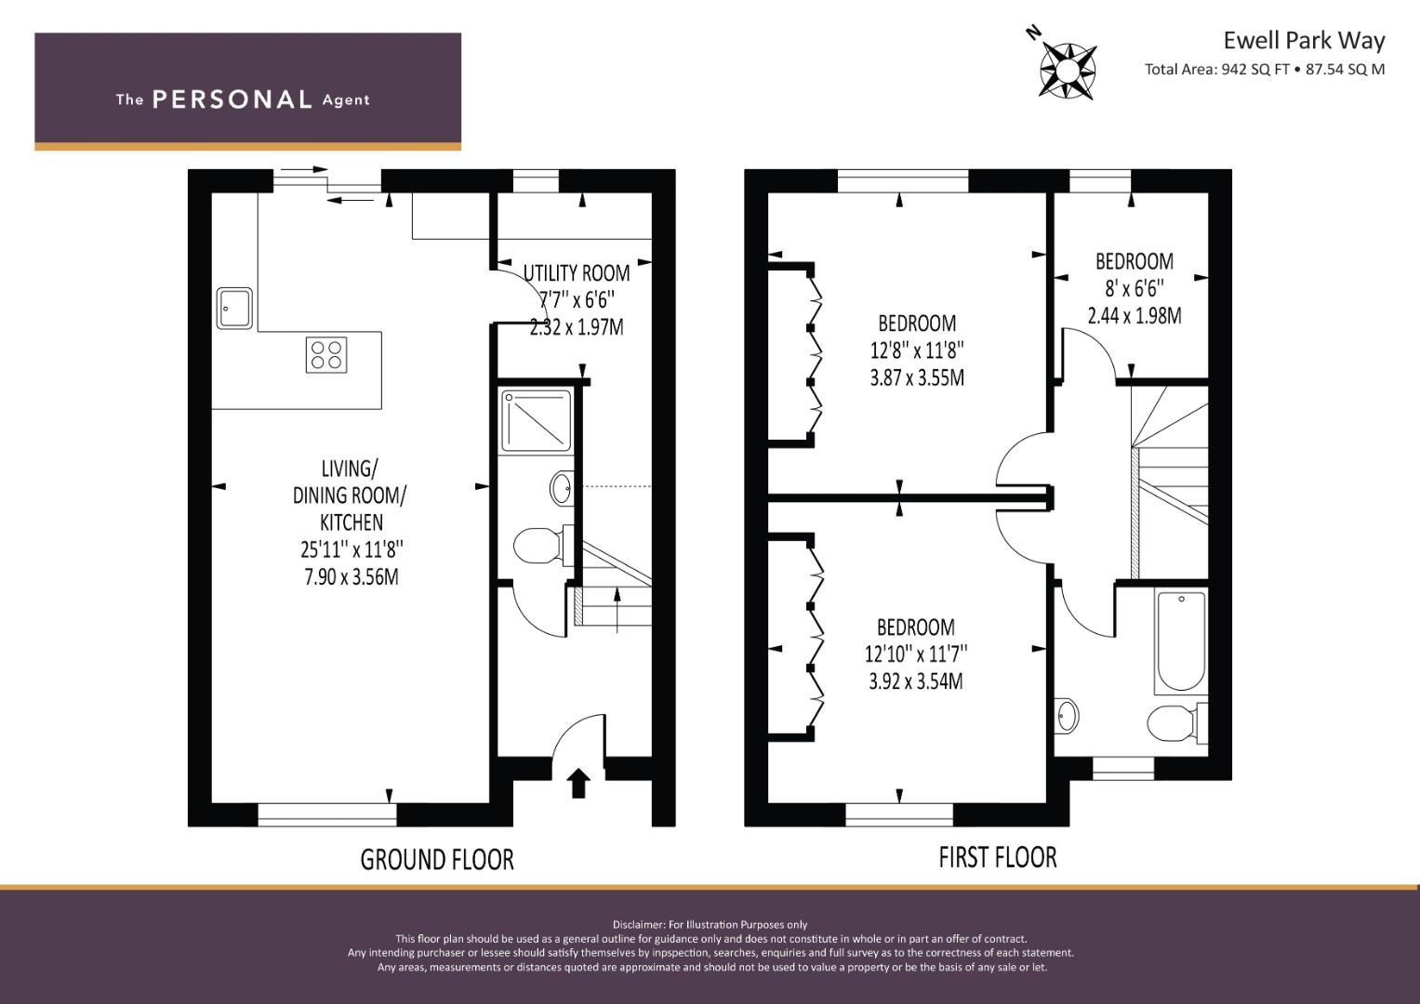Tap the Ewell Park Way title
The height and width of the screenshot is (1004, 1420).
(x=1304, y=41)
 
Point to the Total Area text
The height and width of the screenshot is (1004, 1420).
(x=1264, y=69)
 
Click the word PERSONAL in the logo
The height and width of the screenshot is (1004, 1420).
(x=232, y=99)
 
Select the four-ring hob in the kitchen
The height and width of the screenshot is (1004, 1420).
(x=326, y=355)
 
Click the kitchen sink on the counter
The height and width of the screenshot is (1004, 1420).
(x=234, y=308)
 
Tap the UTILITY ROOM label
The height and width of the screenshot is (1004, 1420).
(x=577, y=273)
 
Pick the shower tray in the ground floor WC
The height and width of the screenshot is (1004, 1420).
(x=536, y=421)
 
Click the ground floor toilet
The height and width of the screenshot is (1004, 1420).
(x=543, y=545)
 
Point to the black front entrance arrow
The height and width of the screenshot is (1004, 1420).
(x=577, y=783)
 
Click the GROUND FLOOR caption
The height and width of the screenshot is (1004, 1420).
(x=437, y=860)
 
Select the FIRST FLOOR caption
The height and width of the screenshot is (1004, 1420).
(x=998, y=857)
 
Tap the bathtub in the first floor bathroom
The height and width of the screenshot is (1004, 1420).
(x=1181, y=641)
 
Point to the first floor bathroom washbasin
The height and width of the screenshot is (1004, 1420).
(x=1067, y=716)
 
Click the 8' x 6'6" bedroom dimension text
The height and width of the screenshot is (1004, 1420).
(x=1135, y=288)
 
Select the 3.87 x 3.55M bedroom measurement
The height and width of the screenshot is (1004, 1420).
(x=917, y=377)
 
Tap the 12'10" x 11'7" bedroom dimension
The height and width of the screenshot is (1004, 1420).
(x=916, y=654)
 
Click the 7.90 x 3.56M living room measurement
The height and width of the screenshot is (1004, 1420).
(x=352, y=576)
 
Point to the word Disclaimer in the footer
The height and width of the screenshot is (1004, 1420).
(x=639, y=925)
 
